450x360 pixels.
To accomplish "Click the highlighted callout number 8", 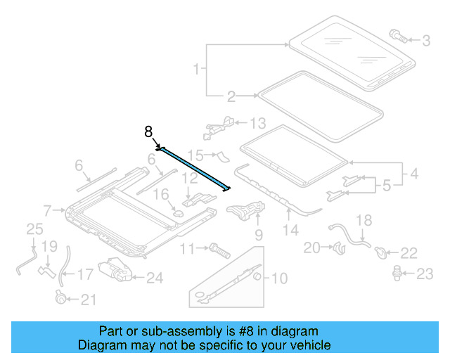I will coord(148,131).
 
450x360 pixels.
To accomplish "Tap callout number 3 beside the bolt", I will coord(425,41).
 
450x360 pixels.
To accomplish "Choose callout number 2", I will coord(231,96).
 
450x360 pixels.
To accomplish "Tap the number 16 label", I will coord(162,193).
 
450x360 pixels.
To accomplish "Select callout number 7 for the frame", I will coord(48,210).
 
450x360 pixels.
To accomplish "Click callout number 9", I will coord(258,233).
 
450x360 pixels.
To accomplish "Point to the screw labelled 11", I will coord(218,248).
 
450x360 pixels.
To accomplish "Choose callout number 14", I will coord(290,229).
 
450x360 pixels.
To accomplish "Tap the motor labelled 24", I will coord(115,270).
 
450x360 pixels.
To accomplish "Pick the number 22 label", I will coord(409,252).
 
